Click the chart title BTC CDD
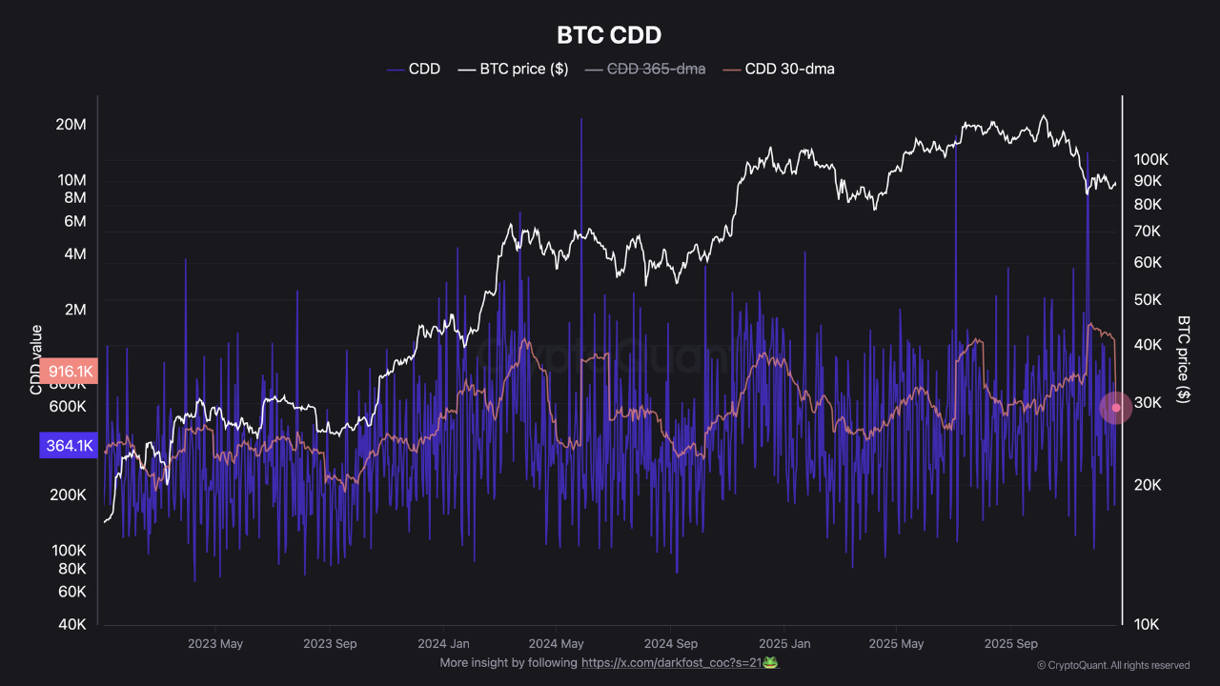[609, 35]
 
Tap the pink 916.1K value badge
[69, 372]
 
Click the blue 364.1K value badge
[69, 445]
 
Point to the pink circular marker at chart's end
[1116, 408]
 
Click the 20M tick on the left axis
[71, 126]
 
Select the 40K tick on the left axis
[72, 625]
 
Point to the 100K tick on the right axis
[1150, 159]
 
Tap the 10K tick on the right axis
[1147, 625]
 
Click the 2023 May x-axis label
[215, 643]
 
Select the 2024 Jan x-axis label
[443, 643]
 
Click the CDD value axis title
[36, 360]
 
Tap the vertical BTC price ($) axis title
[1184, 360]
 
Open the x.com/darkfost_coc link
[680, 663]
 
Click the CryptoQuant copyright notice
[1113, 665]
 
